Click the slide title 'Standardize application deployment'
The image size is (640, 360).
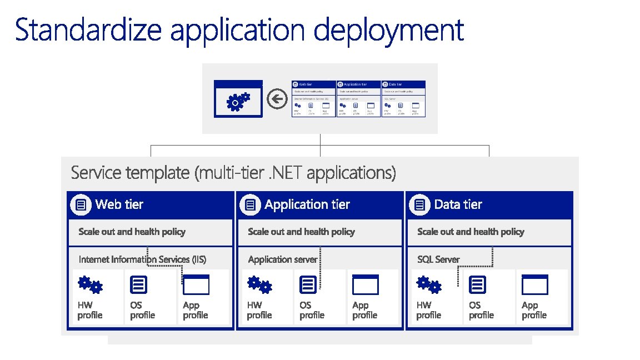[x=239, y=30]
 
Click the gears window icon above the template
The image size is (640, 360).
[x=238, y=99]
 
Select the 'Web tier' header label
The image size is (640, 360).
[x=119, y=204]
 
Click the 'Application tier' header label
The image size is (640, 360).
[x=307, y=204]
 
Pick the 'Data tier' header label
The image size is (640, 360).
[x=458, y=204]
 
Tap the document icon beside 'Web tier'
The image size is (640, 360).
[x=81, y=205]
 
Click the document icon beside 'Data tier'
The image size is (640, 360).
[x=420, y=205]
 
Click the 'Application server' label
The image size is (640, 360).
[x=283, y=259]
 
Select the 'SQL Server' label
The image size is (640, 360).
[x=438, y=259]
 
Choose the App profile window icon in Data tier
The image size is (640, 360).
[x=534, y=285]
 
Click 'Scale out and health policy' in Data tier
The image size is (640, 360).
[x=471, y=232]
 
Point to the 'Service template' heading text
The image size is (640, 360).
[x=233, y=173]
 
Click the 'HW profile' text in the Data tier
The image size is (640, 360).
[x=428, y=310]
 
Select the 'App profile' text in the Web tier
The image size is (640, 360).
[x=195, y=310]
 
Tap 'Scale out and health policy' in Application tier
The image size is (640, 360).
[x=301, y=232]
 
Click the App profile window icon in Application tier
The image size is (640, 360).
[x=365, y=285]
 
